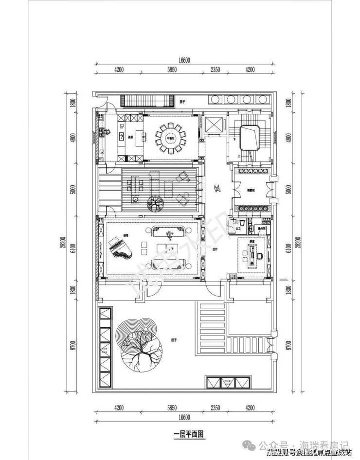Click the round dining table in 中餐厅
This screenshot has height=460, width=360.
click(171, 138)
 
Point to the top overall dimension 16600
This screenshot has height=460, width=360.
click(184, 60)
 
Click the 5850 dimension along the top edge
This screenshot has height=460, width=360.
click(170, 70)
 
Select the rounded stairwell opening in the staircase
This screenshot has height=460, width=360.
click(252, 139)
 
